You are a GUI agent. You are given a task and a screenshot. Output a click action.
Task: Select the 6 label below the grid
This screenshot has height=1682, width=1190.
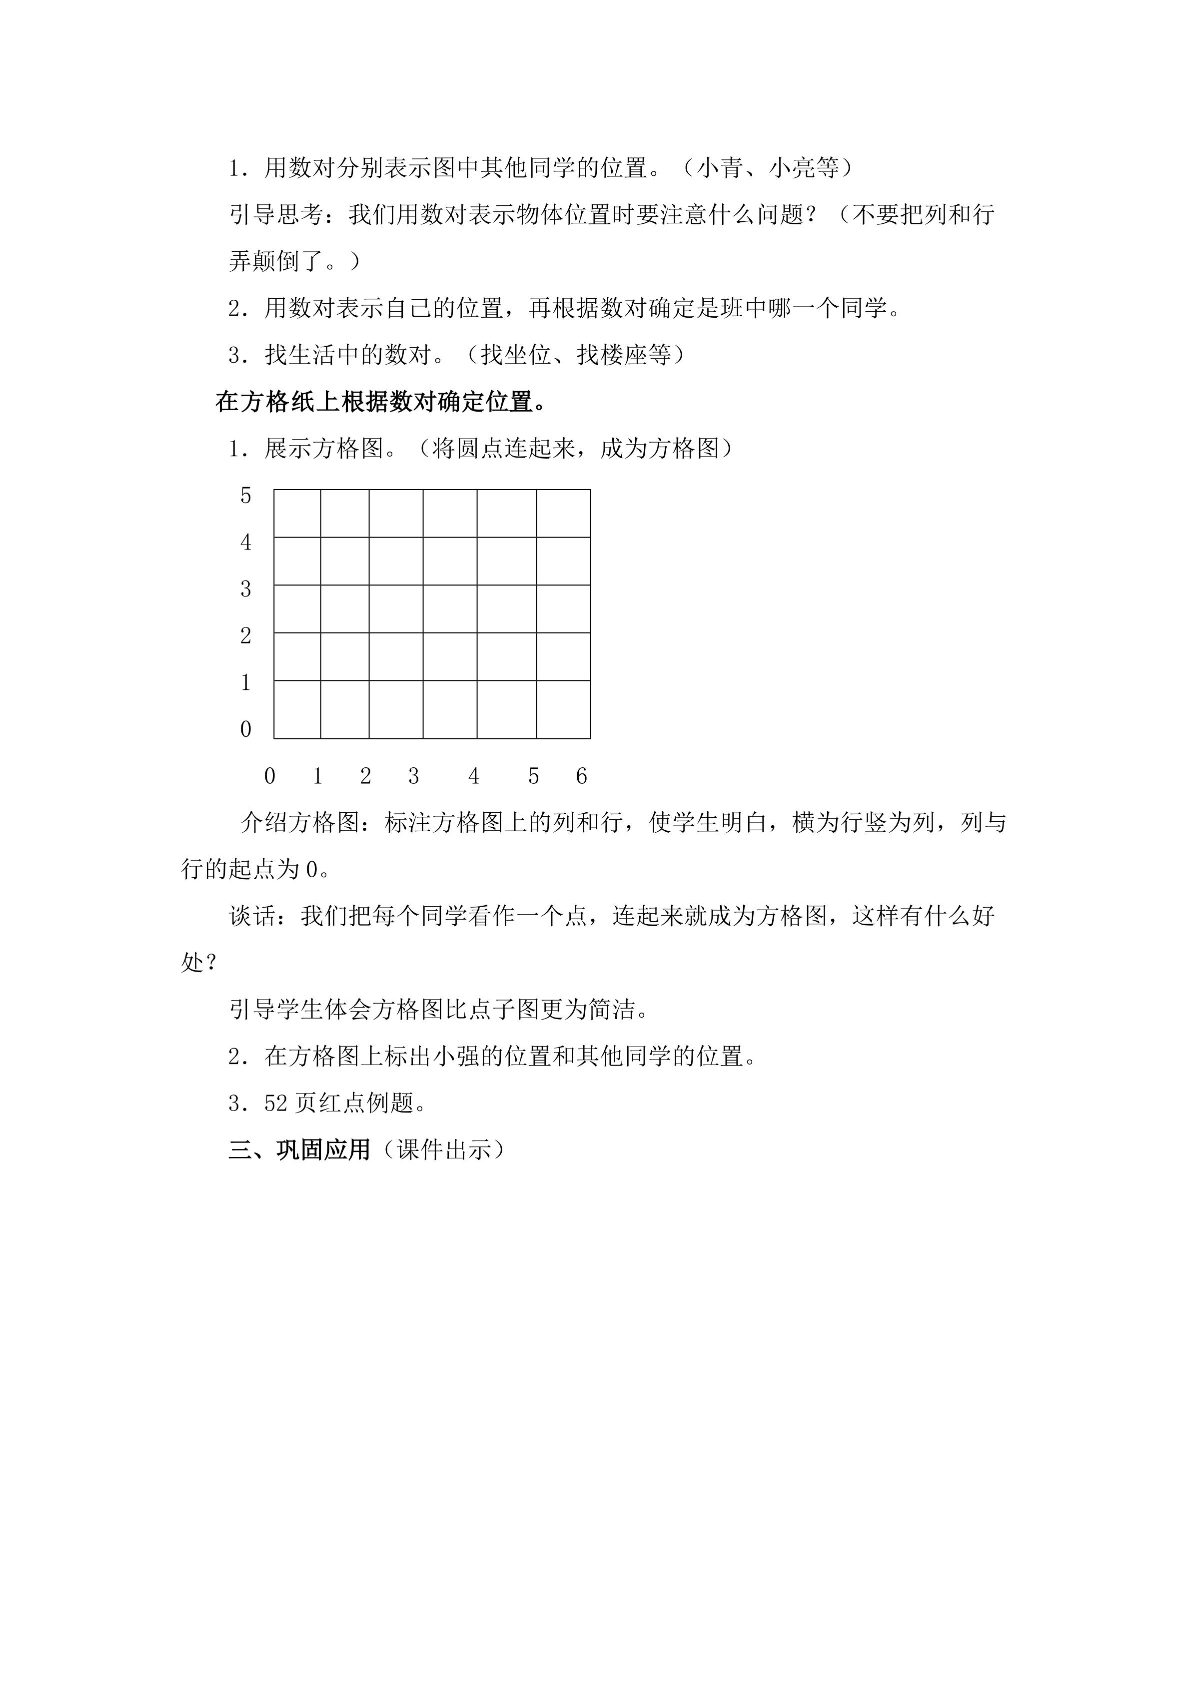pos(581,776)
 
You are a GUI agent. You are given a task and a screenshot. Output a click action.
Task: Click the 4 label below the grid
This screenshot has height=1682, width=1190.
pos(473,776)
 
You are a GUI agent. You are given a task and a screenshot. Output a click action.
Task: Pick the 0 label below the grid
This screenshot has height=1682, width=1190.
pos(270,776)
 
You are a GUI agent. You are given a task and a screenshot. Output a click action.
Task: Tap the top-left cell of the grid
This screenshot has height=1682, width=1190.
pos(297,514)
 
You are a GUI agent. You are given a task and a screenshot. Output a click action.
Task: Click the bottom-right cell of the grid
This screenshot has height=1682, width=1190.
pos(563,709)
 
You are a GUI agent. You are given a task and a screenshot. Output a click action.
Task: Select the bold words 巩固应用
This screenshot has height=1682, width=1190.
pos(324,1149)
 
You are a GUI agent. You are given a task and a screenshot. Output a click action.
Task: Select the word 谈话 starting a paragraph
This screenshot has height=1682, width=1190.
pos(253,916)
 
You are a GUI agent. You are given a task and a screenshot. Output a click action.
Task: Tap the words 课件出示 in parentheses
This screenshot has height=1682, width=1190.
pos(443,1149)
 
